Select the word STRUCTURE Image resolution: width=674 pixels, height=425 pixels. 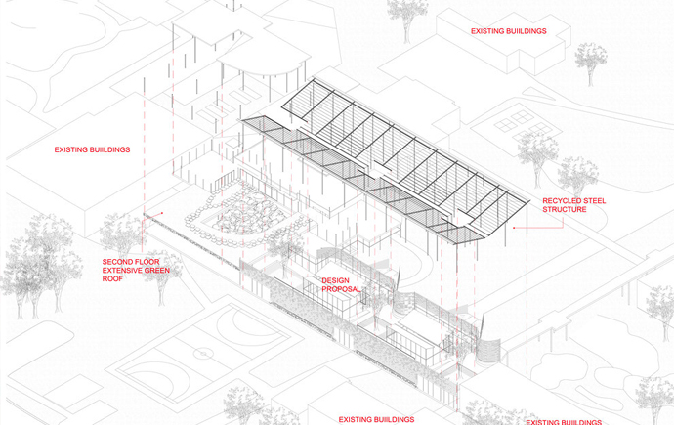point(564,209)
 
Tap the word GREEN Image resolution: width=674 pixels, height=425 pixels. point(157,271)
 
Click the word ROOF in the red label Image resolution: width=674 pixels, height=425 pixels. point(112,278)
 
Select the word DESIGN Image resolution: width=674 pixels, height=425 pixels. point(336,280)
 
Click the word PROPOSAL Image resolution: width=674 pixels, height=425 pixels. point(341,289)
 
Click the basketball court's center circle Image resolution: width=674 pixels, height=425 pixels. point(203,354)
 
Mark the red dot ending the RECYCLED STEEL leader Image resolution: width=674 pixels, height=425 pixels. point(514,228)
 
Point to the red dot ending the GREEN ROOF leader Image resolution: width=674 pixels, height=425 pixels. point(162,213)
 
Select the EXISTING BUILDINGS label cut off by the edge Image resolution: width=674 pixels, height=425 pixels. point(564,422)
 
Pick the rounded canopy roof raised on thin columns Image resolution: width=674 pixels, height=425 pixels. point(264,62)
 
